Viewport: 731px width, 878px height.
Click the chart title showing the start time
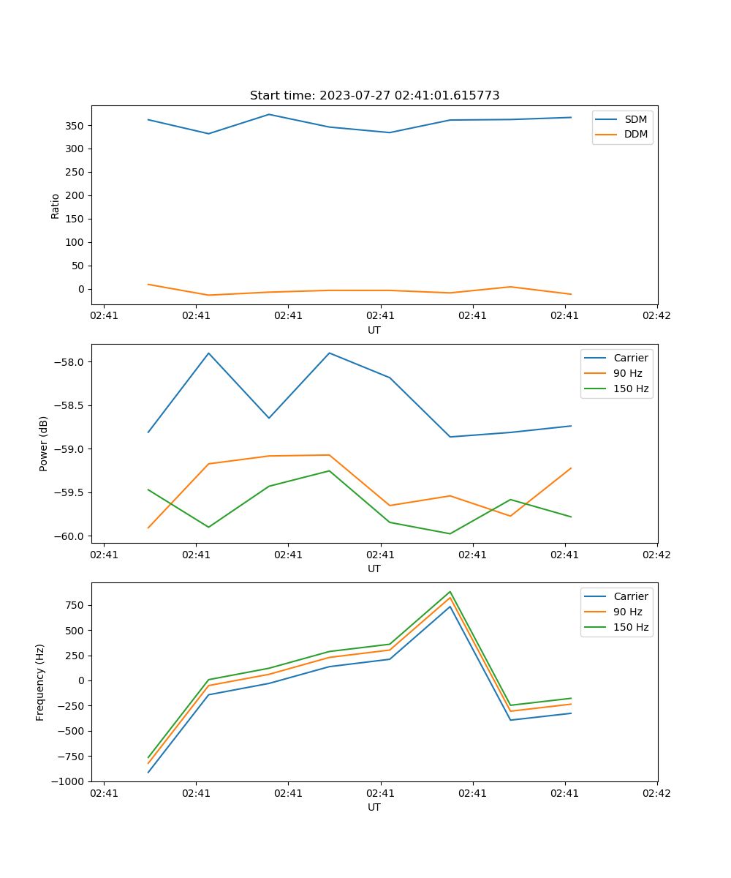(x=374, y=96)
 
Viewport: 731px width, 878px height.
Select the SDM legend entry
(x=635, y=119)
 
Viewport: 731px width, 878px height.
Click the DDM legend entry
(x=636, y=134)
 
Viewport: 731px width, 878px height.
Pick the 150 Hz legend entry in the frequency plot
(x=632, y=627)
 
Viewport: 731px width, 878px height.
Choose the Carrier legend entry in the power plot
(x=630, y=358)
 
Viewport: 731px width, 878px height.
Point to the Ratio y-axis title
(x=56, y=206)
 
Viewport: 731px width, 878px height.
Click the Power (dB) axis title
(x=44, y=443)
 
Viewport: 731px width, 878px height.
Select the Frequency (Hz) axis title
(x=40, y=682)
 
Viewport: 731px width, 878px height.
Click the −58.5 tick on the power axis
(x=68, y=405)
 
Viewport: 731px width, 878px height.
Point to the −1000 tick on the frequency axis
(x=67, y=781)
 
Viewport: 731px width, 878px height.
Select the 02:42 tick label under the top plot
(x=656, y=316)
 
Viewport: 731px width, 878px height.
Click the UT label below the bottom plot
(x=374, y=807)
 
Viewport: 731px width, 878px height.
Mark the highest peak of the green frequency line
(x=450, y=591)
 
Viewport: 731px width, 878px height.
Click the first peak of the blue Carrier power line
(x=208, y=353)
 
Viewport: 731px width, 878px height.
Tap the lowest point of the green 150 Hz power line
(x=450, y=533)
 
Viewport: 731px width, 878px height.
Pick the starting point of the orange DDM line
(x=148, y=284)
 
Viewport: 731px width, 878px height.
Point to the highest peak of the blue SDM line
(x=269, y=114)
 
